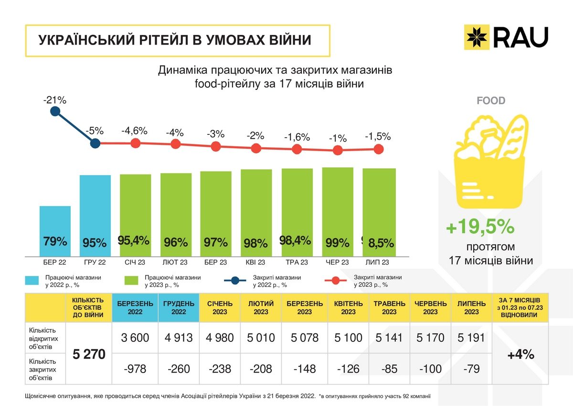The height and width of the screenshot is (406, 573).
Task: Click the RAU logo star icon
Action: coord(477,37)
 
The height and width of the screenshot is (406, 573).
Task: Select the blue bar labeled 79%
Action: coord(55,231)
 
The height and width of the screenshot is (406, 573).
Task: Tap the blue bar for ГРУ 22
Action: coord(95,215)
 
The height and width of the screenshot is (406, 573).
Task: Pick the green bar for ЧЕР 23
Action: coord(338,212)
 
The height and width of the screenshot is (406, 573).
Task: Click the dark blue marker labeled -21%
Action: coord(55,111)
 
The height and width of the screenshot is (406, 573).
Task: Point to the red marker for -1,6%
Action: coord(297,149)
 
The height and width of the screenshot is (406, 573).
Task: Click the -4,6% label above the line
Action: coord(134,131)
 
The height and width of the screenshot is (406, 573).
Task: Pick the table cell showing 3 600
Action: coord(135,338)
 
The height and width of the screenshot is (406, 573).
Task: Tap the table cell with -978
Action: coord(135,369)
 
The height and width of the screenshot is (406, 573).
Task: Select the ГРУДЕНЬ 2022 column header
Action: coord(178,307)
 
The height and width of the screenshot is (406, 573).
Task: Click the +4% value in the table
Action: coord(520,355)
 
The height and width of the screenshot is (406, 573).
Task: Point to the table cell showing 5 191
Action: coord(471,338)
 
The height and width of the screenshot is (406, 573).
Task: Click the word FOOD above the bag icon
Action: coord(491,101)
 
